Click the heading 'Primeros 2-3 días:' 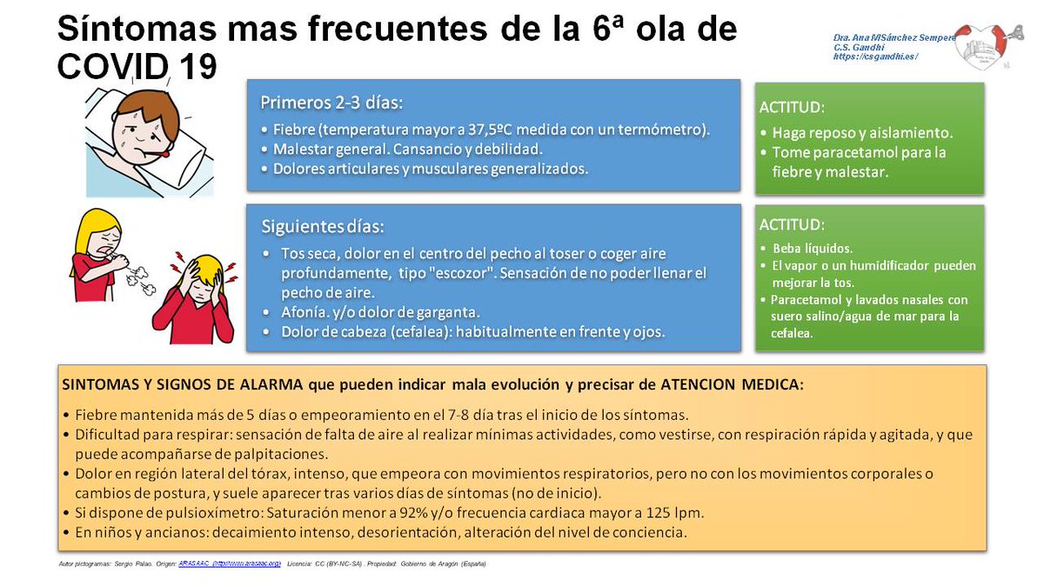[x=331, y=103]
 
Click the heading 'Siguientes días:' [x=323, y=227]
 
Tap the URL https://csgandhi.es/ [x=874, y=57]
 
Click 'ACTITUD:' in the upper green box [x=792, y=108]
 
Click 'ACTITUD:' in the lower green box [x=792, y=224]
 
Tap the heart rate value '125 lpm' [x=674, y=511]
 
